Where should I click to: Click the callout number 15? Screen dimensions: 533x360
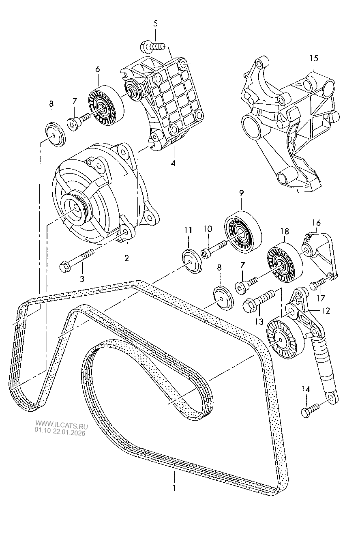click(x=314, y=58)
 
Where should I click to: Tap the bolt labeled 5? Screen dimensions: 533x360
click(x=152, y=47)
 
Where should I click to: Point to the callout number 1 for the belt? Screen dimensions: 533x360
click(x=174, y=488)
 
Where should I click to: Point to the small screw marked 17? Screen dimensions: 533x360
click(x=318, y=284)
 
